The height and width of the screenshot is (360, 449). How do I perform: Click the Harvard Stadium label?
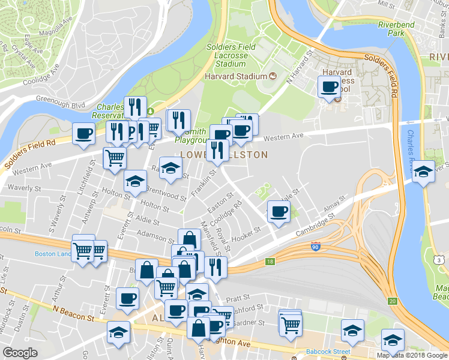click(235, 76)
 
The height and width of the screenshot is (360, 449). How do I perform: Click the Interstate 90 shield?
click(316, 247)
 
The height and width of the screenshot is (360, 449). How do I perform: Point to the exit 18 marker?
click(270, 262)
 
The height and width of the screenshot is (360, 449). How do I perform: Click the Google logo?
click(20, 352)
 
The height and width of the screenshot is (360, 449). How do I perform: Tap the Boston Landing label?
click(53, 254)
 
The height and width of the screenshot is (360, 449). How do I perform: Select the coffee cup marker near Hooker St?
click(279, 212)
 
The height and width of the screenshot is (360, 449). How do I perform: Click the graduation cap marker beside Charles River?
click(423, 172)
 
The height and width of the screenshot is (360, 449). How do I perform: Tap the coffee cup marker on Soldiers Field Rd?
click(83, 133)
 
